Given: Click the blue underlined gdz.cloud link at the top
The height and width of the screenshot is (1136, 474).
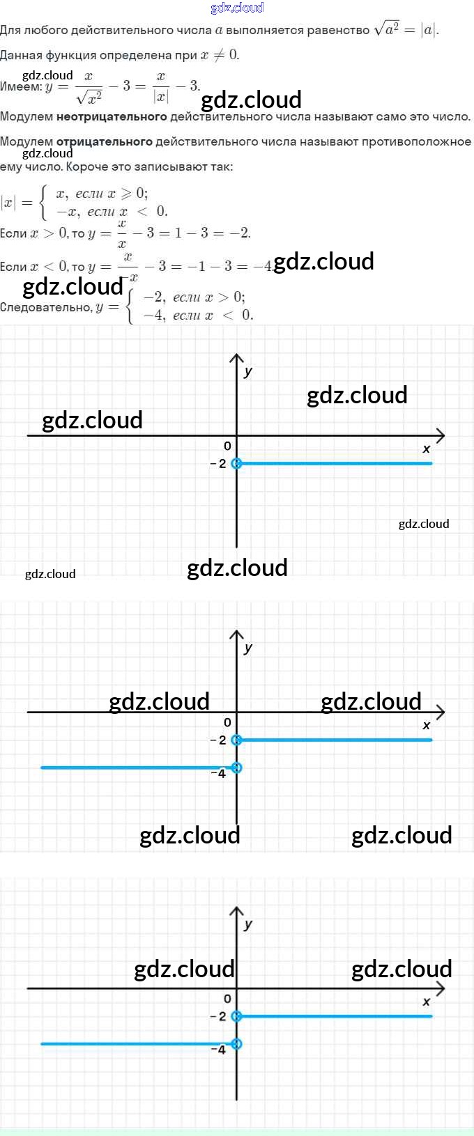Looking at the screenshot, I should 237,8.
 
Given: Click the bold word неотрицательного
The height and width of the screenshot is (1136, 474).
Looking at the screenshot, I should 112,116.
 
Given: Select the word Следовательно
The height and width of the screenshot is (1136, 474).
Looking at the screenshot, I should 45,307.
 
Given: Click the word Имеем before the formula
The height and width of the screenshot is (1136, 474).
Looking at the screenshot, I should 20,86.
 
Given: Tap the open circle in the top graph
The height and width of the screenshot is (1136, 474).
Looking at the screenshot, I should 236,463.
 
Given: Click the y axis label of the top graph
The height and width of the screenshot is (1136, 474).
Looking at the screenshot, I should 248,371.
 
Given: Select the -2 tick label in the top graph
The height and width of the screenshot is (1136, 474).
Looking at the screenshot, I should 219,464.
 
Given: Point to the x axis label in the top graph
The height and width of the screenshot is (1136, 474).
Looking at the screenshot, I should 427,449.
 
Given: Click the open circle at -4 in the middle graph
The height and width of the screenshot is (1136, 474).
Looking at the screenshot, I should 236,768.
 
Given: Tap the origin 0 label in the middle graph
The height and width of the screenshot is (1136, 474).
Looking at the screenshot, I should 227,722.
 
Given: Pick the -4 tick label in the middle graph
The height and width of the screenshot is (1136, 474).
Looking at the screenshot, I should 219,773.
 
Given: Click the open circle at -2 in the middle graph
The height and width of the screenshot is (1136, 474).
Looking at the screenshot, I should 236,740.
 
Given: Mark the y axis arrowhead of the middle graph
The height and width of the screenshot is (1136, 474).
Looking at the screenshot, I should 236,635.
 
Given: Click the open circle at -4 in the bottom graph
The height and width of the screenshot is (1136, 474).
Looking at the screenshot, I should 236,1043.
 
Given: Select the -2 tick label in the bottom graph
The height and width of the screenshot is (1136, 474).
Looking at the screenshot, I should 219,1016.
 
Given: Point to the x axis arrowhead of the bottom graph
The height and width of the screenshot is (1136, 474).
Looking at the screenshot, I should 440,988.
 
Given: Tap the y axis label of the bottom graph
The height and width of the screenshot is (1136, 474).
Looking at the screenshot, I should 248,924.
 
